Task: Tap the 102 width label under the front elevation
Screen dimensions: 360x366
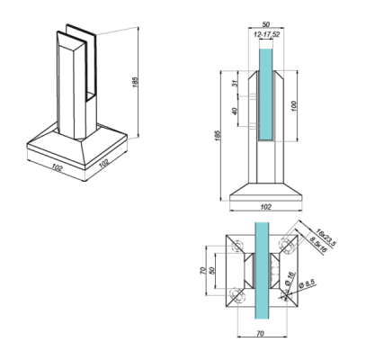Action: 265,206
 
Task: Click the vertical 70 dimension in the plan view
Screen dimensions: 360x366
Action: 202,268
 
